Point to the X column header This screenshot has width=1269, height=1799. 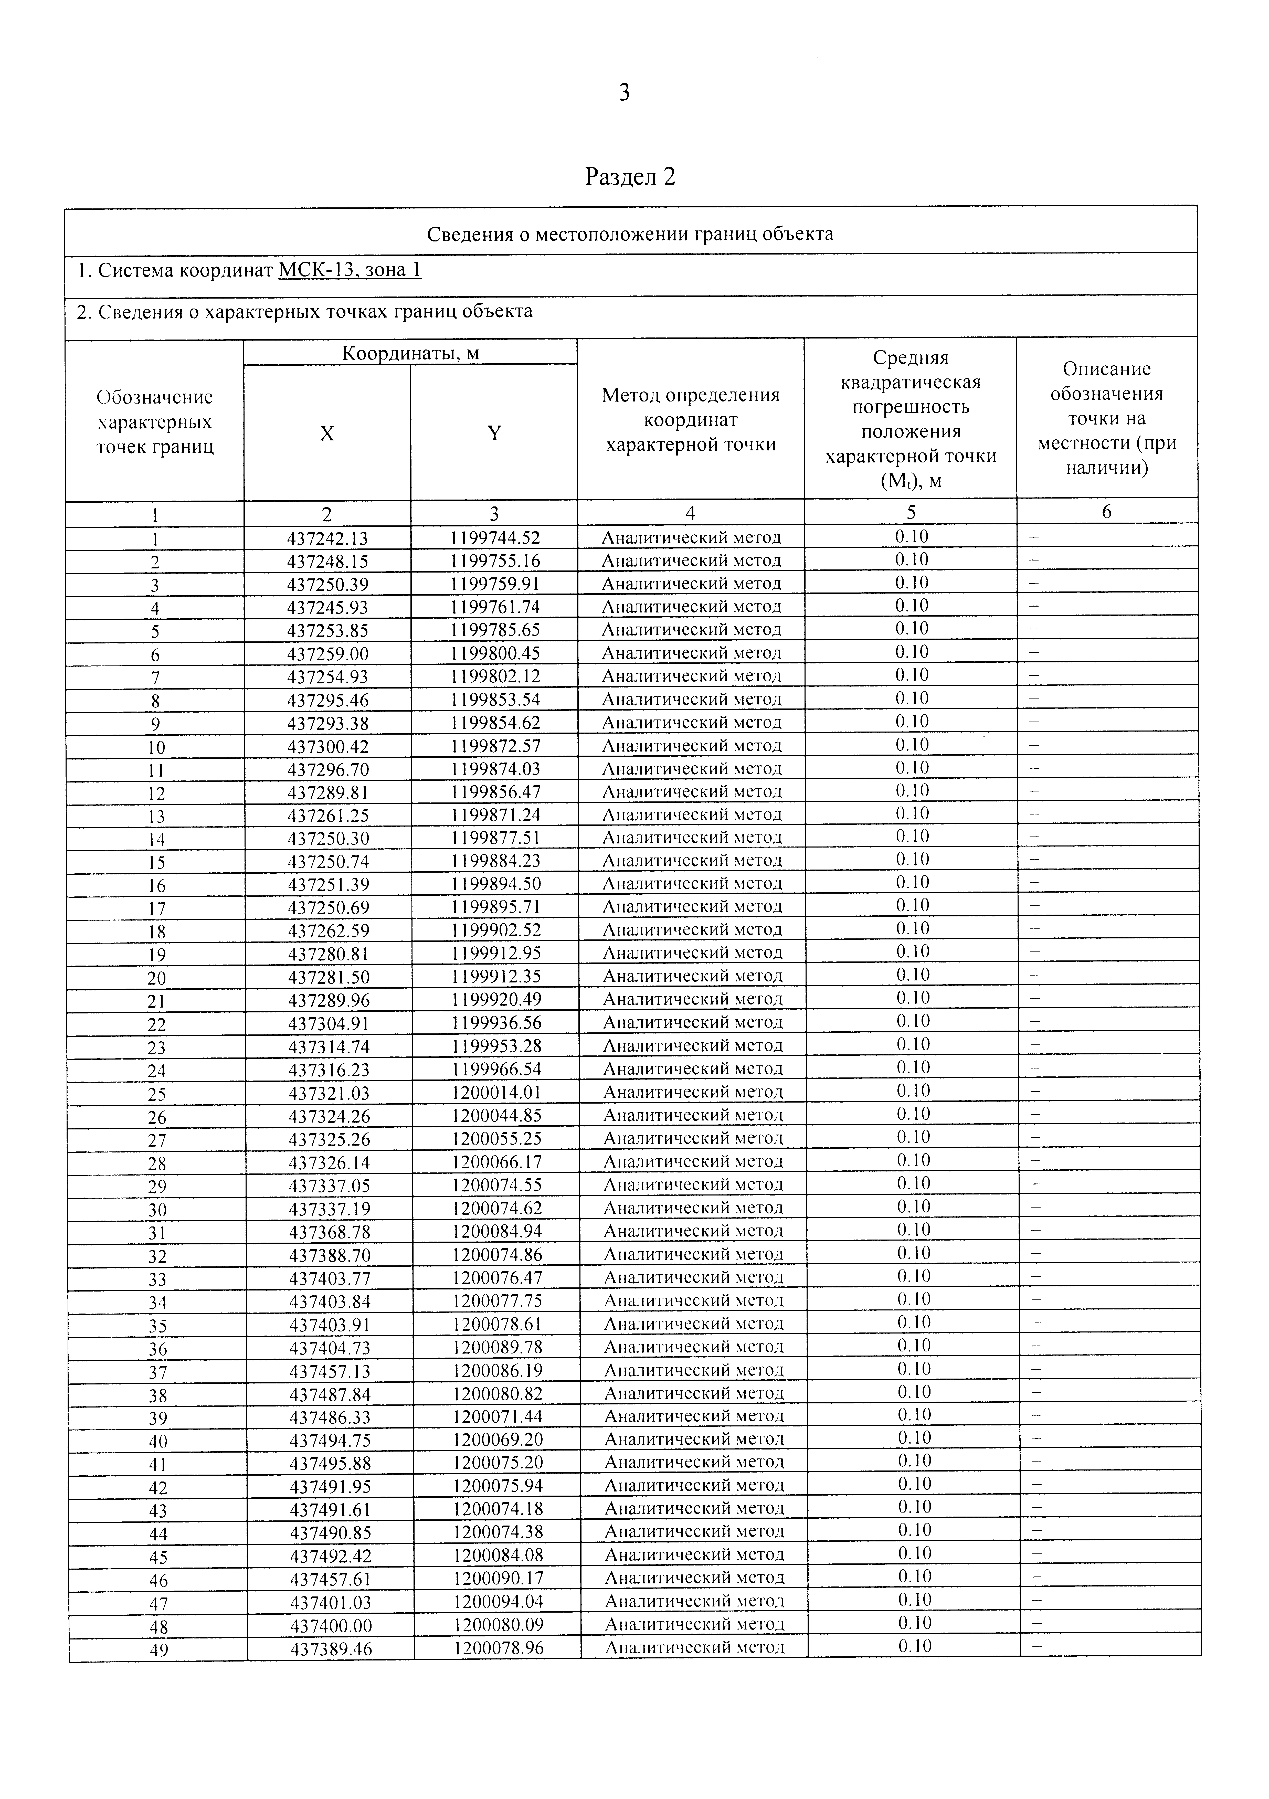[327, 433]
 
